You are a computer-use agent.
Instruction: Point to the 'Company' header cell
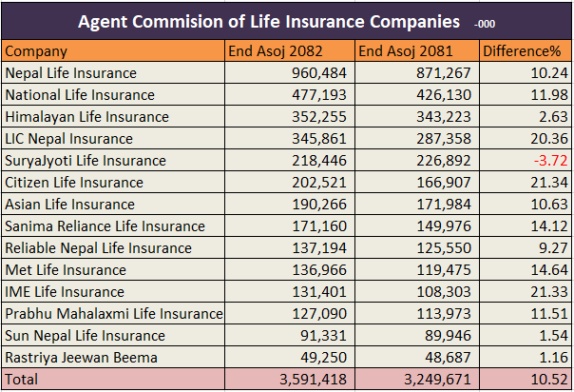36,51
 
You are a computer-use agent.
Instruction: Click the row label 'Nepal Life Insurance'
71,73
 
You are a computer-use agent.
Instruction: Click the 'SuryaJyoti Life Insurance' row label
86,161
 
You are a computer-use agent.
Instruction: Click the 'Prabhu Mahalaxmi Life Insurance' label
114,314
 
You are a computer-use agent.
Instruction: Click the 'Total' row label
24,380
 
